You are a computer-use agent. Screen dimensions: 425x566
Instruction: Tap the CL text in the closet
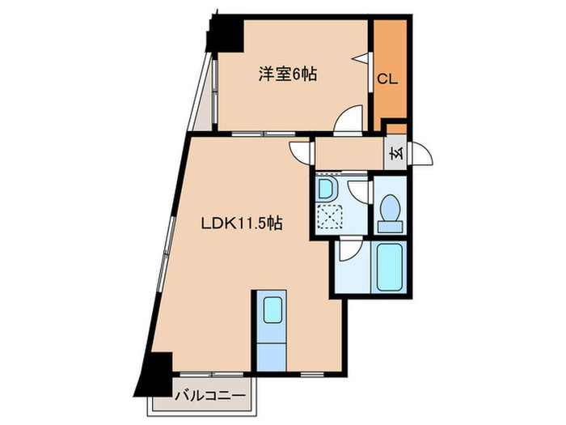[386, 79]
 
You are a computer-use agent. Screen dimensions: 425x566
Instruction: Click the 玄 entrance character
[396, 153]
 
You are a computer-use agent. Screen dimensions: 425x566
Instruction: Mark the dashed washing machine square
[329, 217]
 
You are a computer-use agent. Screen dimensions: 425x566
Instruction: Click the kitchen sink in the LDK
[272, 312]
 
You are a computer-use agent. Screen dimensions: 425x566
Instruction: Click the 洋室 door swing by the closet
[349, 121]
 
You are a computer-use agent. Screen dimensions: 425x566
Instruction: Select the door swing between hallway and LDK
[300, 150]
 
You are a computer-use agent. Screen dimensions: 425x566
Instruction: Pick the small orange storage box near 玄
[396, 127]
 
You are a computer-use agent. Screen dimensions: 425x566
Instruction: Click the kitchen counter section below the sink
[271, 352]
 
